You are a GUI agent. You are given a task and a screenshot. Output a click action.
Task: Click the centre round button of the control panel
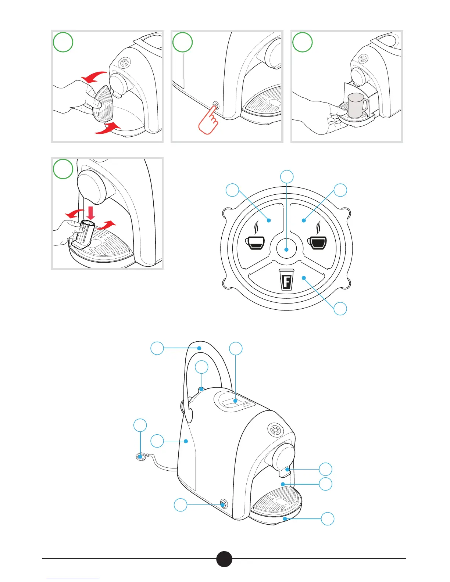(286, 249)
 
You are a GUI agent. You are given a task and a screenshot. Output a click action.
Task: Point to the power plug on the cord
(141, 456)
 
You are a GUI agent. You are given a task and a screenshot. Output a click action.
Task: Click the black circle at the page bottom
(224, 559)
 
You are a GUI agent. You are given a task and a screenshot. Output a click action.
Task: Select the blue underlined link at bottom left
(73, 579)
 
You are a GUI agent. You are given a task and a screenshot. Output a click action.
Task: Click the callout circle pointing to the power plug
(140, 425)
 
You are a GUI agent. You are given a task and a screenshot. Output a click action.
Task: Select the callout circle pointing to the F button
(340, 309)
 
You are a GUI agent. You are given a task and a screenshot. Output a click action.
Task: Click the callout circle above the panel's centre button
(287, 177)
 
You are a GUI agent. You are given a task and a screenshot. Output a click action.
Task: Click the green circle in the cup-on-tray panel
(302, 43)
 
